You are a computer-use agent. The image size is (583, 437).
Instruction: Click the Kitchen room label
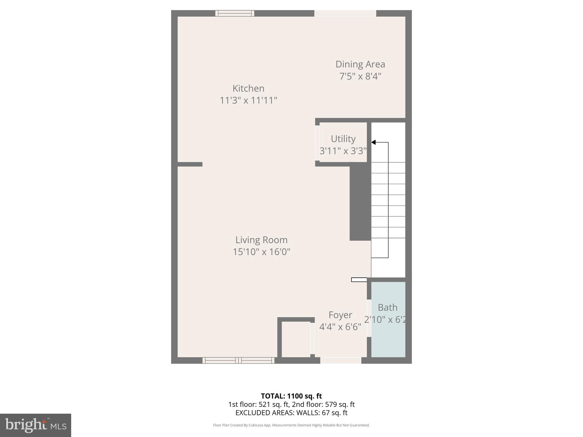click(248, 88)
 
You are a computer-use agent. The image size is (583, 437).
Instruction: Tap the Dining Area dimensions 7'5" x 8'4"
click(360, 76)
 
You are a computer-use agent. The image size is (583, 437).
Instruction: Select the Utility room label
click(343, 139)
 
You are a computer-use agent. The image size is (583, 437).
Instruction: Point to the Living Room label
click(261, 240)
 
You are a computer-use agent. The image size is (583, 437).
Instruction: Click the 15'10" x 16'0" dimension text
click(261, 252)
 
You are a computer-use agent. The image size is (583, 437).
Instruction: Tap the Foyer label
click(340, 315)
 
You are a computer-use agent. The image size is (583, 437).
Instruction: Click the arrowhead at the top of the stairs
click(373, 142)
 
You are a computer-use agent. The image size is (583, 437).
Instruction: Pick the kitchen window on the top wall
click(235, 13)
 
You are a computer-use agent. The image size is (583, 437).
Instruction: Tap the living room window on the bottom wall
click(238, 360)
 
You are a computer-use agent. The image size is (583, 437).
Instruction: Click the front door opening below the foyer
click(341, 360)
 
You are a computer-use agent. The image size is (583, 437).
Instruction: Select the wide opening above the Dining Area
click(345, 13)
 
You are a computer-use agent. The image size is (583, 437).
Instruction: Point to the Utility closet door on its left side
click(317, 143)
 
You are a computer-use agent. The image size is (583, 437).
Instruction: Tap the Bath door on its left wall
click(369, 318)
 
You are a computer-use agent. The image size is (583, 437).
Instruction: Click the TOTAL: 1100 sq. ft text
click(291, 396)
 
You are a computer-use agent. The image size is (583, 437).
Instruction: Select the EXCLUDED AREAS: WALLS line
click(291, 413)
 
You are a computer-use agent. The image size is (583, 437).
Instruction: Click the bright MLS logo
click(36, 425)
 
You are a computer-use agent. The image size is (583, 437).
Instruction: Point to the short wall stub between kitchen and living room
click(190, 164)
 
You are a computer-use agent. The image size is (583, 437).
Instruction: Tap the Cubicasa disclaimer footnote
click(291, 425)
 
